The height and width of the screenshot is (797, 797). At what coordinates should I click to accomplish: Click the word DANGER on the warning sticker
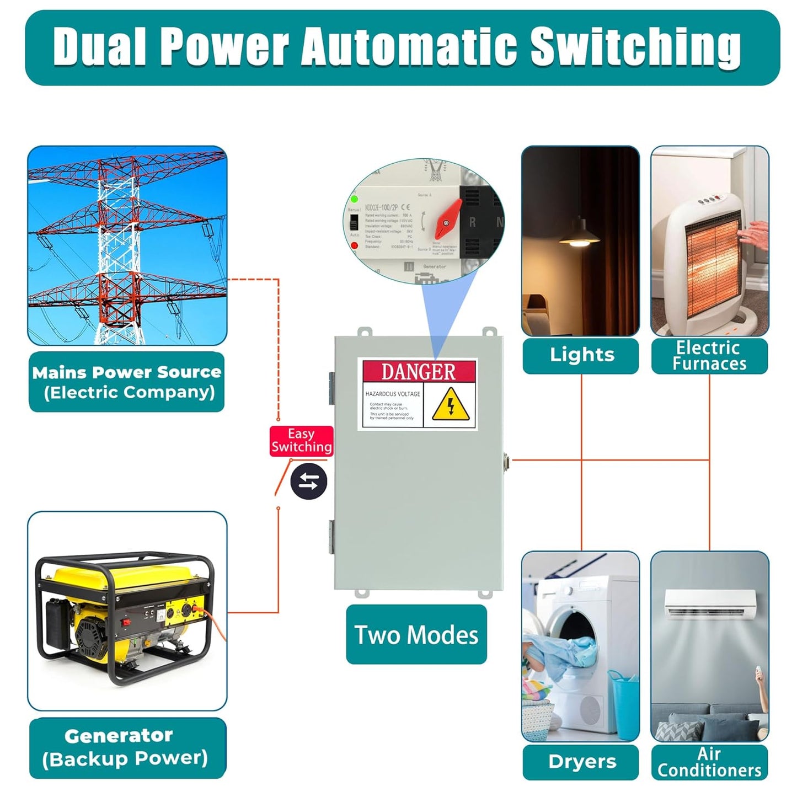coord(418,372)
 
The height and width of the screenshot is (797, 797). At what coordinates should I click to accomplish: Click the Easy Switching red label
coord(301,441)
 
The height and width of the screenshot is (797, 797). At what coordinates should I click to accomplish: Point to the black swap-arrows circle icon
coord(309,482)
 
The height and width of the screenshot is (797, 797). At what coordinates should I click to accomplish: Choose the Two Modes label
coord(416,634)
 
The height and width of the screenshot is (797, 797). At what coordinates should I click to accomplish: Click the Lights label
coord(581,355)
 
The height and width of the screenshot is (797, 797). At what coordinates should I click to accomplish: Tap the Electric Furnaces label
coord(709,356)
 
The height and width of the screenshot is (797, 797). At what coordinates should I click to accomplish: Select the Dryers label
coord(582,762)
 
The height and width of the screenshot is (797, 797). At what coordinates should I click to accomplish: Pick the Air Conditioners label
coord(709,762)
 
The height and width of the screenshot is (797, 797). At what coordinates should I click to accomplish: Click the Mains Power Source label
coord(127,382)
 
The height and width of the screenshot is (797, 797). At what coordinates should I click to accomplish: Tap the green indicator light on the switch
coord(354,199)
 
